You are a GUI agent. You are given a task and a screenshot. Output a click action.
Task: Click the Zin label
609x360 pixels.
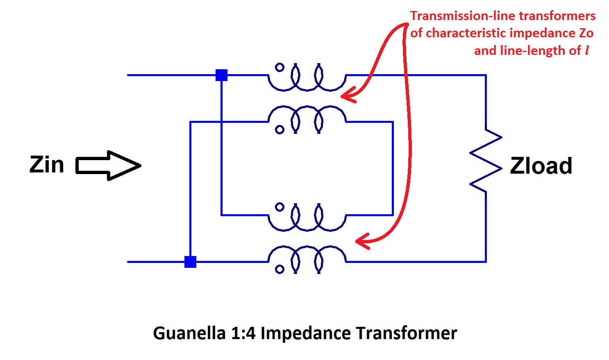pos(47,165)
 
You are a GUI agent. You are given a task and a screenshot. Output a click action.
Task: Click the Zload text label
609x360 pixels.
pos(541,166)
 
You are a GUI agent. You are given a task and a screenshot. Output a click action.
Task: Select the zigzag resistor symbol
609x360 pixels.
pos(486,161)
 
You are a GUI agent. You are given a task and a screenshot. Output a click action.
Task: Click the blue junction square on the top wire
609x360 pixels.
pos(221,75)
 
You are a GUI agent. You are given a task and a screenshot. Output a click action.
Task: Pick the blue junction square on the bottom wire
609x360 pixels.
pos(190,262)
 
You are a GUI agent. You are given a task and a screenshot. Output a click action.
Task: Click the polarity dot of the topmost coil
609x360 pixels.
pos(280,68)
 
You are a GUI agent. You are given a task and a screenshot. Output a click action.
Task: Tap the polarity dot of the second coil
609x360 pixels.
pos(280,130)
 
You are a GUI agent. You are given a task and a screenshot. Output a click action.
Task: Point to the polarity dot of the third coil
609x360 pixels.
pos(280,207)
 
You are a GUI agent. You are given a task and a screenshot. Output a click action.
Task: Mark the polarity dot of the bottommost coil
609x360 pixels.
pos(280,269)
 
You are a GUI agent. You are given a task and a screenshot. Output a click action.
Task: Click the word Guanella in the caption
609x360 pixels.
pos(189,333)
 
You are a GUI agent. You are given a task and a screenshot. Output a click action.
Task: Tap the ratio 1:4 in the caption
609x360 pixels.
pos(243,333)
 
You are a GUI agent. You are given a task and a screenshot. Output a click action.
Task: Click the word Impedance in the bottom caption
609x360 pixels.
pos(305,333)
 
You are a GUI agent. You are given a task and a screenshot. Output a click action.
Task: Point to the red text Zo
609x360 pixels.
pos(586,33)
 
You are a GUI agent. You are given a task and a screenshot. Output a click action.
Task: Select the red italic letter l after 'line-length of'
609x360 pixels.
pos(587,50)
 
